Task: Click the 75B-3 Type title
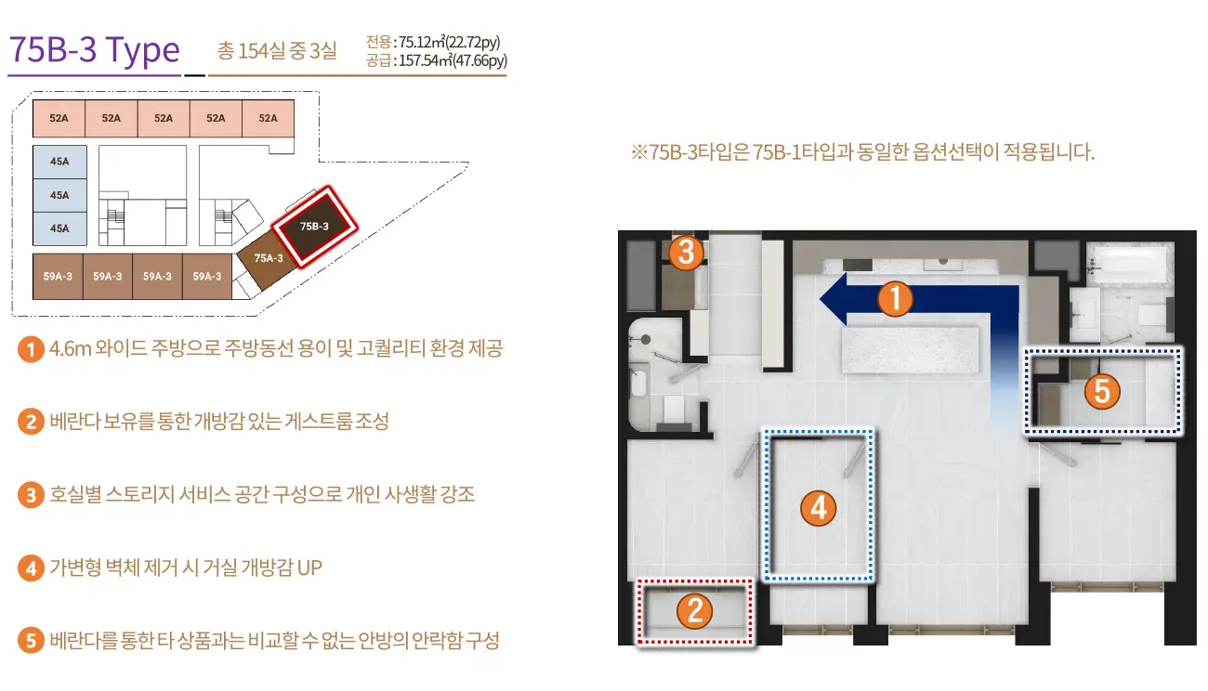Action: (x=95, y=49)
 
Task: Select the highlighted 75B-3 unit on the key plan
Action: (x=315, y=227)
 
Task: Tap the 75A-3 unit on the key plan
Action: (x=267, y=259)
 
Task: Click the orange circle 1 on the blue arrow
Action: (x=895, y=299)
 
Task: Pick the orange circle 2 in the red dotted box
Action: (x=695, y=611)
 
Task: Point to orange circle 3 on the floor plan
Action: (x=686, y=253)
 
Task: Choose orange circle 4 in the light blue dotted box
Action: (x=818, y=508)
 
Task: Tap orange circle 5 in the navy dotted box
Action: (x=1102, y=391)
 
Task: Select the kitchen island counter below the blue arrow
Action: (x=911, y=350)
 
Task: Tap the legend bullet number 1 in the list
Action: (x=31, y=349)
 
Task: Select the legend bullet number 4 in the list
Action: (x=31, y=568)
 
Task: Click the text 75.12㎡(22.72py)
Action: (x=449, y=42)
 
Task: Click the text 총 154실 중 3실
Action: (x=277, y=51)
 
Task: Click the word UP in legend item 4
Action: (x=309, y=567)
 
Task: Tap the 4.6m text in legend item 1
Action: (x=70, y=348)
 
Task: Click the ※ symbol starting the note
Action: (x=639, y=152)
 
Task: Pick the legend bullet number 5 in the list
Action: (x=31, y=640)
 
